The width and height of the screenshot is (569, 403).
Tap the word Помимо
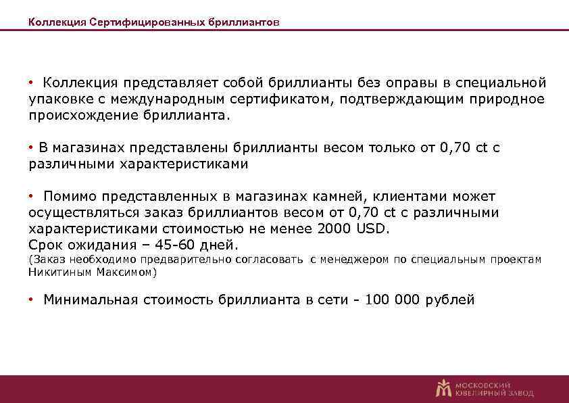pos(70,196)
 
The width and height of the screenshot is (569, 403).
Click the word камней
pos(337,196)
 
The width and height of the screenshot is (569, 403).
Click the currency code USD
pos(372,229)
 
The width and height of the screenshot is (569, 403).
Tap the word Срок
pos(44,245)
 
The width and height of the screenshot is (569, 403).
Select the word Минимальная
pos(91,300)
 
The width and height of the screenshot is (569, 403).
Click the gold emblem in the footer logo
pos(443,387)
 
